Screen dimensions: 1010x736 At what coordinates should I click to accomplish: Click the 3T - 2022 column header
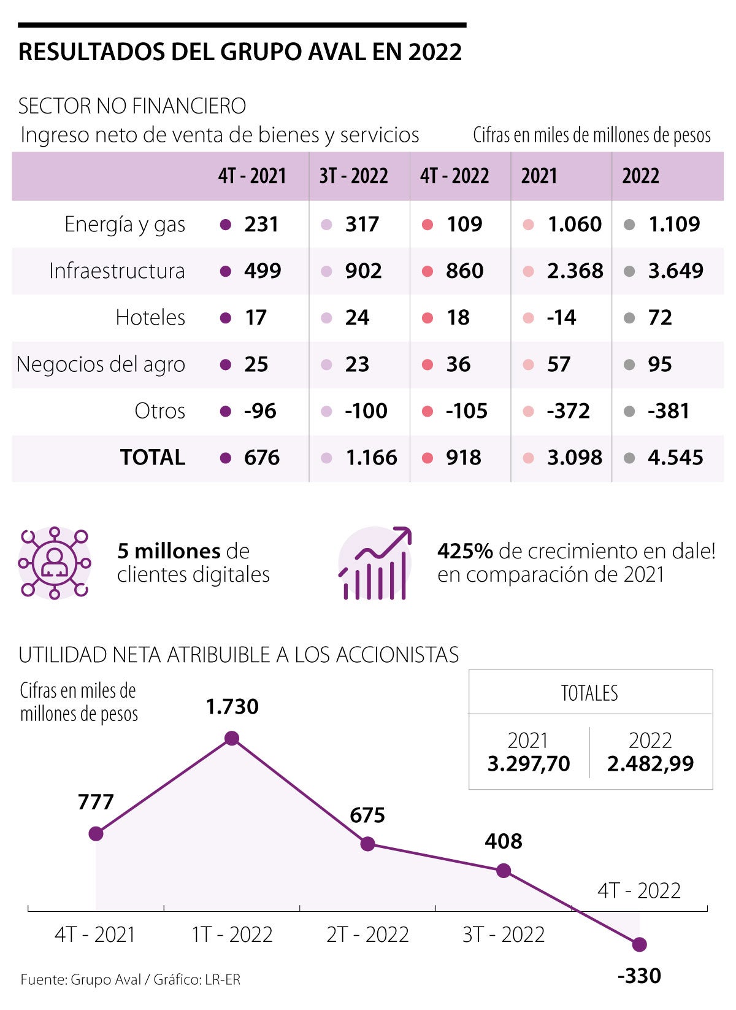click(x=353, y=176)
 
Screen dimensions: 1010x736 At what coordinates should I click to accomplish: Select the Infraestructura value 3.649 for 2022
click(x=675, y=271)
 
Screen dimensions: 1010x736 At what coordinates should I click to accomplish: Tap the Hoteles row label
click(x=150, y=317)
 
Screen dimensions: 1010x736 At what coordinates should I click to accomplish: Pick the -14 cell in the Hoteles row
click(x=561, y=317)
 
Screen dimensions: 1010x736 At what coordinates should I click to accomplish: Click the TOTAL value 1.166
click(x=371, y=457)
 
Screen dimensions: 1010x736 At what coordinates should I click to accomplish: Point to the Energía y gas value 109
click(x=464, y=224)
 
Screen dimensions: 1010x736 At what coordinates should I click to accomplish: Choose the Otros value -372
click(x=568, y=411)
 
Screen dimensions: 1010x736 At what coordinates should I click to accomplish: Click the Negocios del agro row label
click(x=101, y=364)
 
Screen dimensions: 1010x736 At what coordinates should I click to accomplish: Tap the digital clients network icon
click(x=55, y=563)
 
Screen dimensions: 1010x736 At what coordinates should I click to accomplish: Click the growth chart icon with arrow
click(x=375, y=563)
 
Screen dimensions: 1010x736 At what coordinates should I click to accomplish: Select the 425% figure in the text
click(x=465, y=551)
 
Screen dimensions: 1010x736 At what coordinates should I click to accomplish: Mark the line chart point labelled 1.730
click(x=232, y=738)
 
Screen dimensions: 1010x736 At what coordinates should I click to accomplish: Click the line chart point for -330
click(x=639, y=944)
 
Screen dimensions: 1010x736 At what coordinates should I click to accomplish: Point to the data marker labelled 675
click(x=367, y=844)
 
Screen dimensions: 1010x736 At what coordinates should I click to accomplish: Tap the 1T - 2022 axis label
click(x=232, y=935)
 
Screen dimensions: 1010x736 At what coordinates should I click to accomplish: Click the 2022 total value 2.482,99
click(x=650, y=764)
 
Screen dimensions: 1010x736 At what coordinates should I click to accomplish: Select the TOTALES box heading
click(x=589, y=693)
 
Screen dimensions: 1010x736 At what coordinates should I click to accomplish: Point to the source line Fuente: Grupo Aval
click(x=130, y=980)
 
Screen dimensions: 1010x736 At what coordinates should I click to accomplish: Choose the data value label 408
click(x=503, y=841)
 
